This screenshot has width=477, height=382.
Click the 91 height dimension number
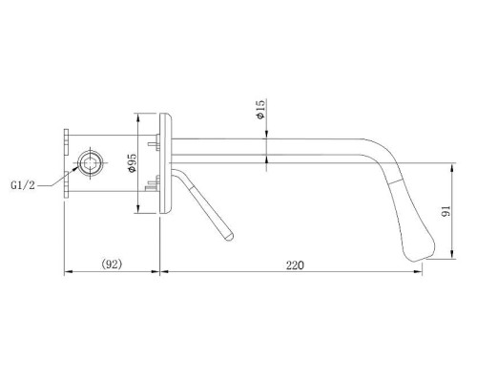[462, 212]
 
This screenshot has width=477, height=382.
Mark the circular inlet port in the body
[93, 163]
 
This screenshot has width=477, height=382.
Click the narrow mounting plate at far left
[66, 163]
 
